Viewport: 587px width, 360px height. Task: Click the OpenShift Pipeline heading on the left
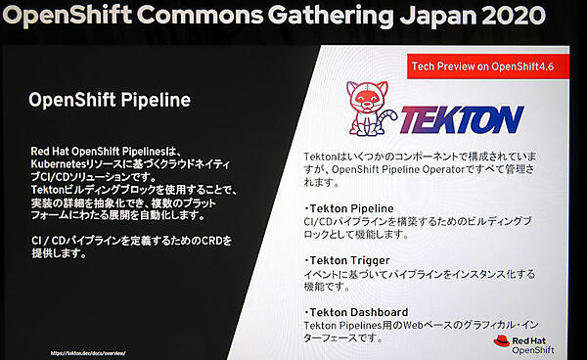point(109,100)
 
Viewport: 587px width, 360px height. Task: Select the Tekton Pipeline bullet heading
point(349,208)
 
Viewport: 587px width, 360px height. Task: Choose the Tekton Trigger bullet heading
point(347,260)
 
